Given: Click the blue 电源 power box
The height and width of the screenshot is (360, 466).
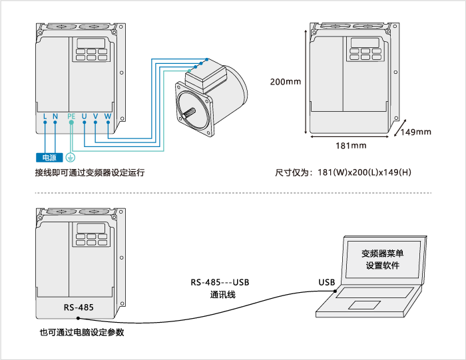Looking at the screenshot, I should [x=49, y=158].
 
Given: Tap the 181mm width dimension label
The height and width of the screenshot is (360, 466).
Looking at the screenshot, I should [x=350, y=145].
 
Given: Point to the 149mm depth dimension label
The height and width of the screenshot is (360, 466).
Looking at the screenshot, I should [x=417, y=132].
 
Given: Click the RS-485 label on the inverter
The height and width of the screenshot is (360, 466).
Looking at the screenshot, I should [x=79, y=308].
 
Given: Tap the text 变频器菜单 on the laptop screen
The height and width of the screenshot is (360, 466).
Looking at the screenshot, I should [x=383, y=253].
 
